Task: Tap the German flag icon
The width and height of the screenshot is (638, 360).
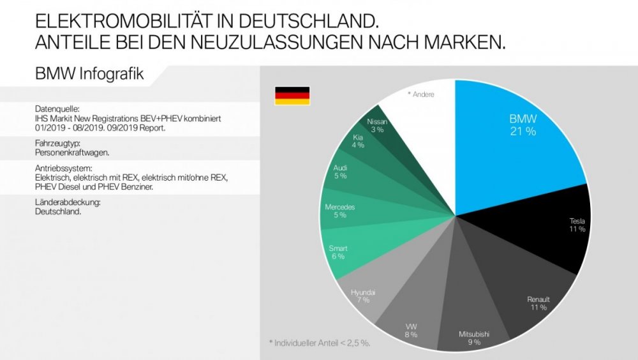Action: coord(292,96)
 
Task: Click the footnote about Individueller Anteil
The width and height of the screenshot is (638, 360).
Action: coord(320,343)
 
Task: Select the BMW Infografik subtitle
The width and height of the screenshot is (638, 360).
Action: coord(89,73)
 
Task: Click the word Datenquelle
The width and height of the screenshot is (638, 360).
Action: coord(57,109)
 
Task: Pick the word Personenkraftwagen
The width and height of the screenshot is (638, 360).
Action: coord(72,153)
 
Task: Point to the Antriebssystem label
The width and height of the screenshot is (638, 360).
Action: coord(63,168)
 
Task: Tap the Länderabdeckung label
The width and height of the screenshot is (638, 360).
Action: coord(68,202)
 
